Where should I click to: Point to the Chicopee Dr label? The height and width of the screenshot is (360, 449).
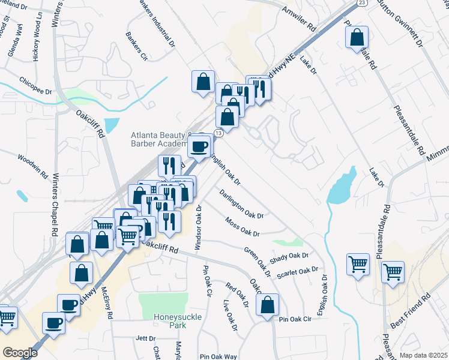pos(35,85)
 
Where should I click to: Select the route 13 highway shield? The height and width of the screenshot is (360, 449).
pos(218,133)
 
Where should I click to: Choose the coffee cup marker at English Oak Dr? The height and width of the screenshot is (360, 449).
pos(199,146)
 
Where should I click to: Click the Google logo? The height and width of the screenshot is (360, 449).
pos(20,353)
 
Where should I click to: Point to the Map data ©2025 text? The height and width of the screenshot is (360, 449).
pos(423,355)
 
